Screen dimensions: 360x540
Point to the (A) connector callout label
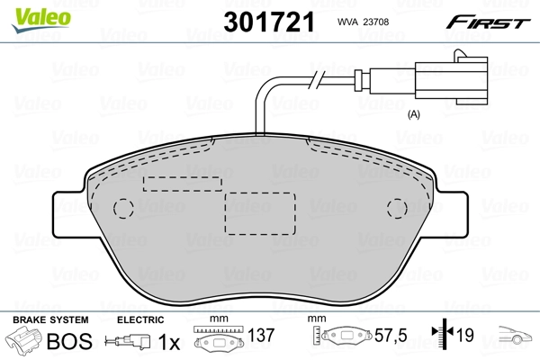coord(415,114)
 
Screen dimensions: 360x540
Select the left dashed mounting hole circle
coord(122,209)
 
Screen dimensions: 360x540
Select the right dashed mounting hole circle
coord(397,209)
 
